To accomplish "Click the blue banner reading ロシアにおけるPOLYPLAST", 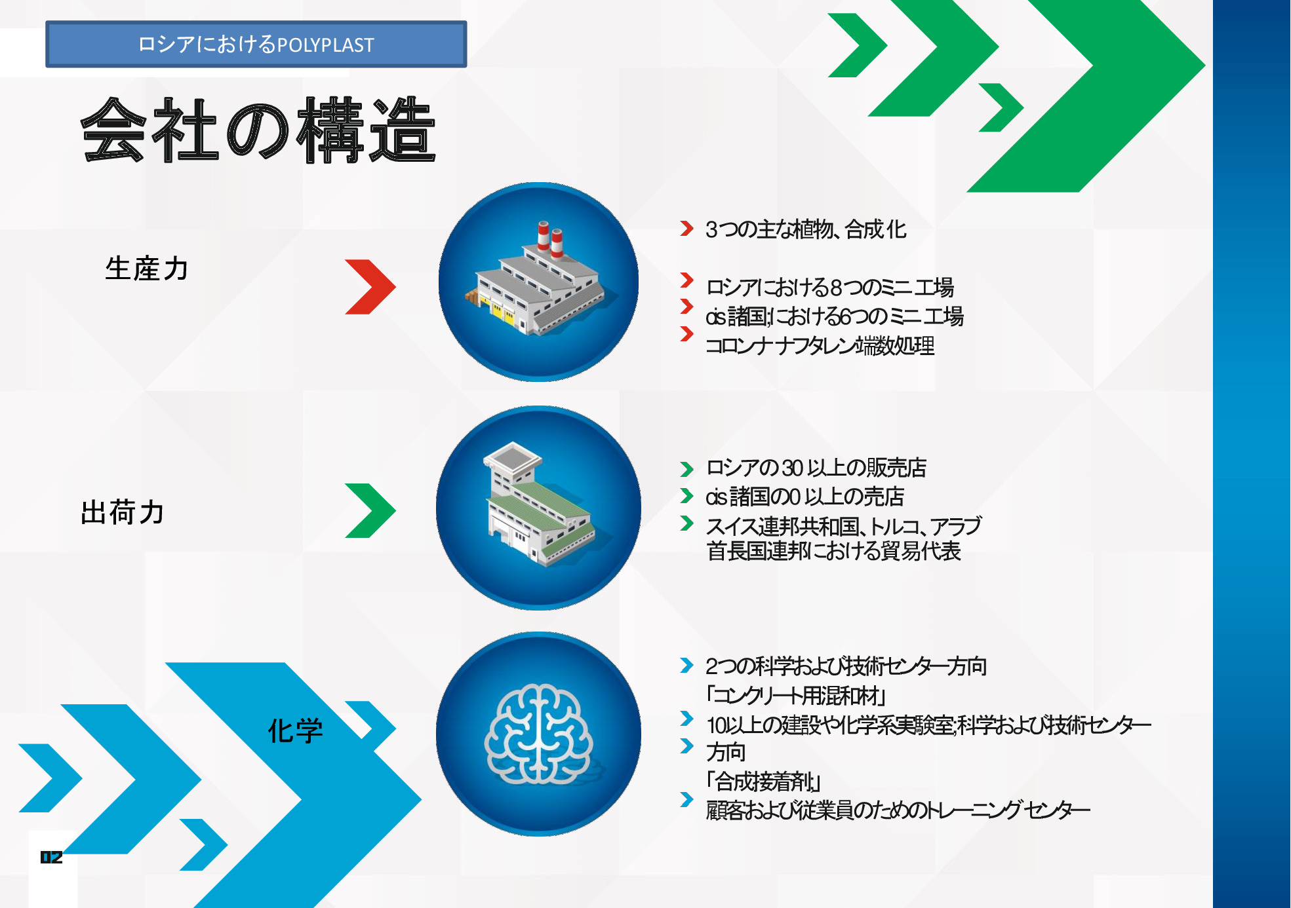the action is tap(256, 44).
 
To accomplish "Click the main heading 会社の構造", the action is tap(258, 130).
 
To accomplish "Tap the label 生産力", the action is tap(147, 269).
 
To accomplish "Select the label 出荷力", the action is tap(122, 512).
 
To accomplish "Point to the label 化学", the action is tap(295, 730).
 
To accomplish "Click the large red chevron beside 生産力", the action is tap(370, 287).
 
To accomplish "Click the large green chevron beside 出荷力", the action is tap(370, 510).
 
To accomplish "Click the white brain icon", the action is tap(538, 734).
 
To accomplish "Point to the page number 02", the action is tap(51, 857).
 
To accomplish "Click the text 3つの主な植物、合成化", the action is tap(806, 229).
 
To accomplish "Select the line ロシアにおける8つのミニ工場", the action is tap(829, 287).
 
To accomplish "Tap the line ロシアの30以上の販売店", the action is tap(816, 468).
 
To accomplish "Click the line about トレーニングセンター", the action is tap(898, 810).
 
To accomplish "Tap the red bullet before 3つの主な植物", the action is tap(686, 228).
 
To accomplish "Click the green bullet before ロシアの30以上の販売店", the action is tap(686, 469).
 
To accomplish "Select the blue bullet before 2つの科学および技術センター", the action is tap(686, 665).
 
